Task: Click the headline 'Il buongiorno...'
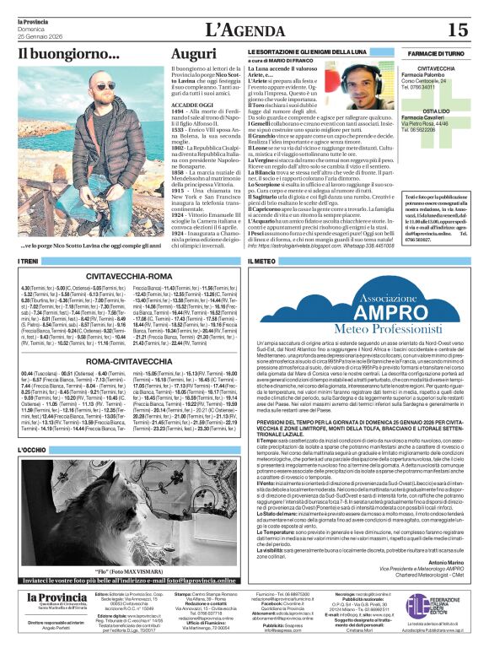[x=69, y=54]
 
